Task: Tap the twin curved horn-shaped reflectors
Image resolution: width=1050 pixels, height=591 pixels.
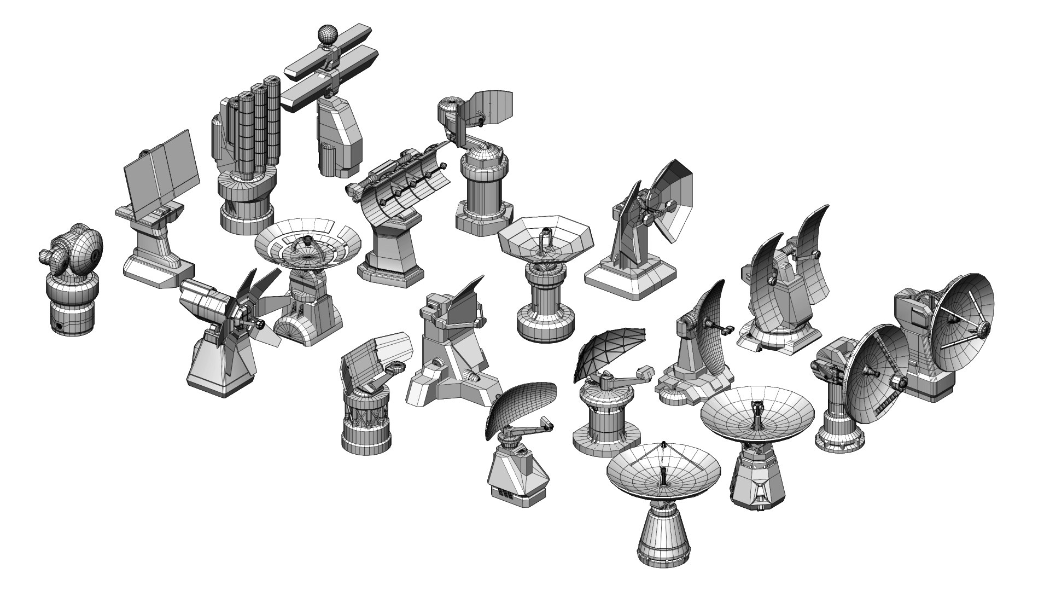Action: click(782, 263)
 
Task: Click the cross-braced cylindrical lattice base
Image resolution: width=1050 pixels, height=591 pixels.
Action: click(365, 421)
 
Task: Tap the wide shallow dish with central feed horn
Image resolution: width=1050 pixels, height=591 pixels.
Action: click(757, 416)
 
